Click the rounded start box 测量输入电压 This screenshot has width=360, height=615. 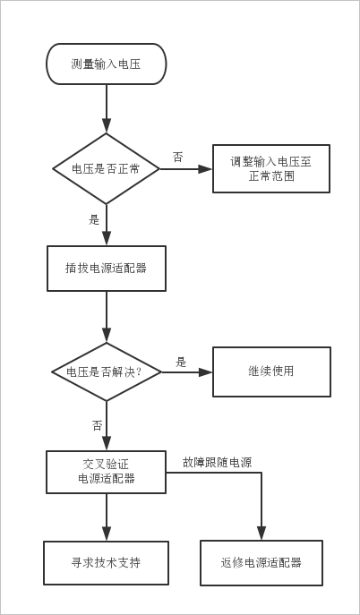click(x=107, y=64)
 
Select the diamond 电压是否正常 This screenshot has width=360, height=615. click(x=107, y=169)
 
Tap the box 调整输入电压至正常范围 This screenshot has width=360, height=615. click(x=271, y=168)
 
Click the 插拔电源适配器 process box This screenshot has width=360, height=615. click(x=107, y=269)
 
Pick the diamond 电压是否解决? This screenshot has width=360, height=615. click(x=107, y=372)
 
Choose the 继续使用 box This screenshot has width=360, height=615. click(x=271, y=372)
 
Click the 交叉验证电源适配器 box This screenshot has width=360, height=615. click(x=107, y=472)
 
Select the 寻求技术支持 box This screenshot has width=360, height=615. click(x=106, y=563)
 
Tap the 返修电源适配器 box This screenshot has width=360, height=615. click(x=261, y=563)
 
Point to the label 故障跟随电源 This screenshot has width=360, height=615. click(x=217, y=463)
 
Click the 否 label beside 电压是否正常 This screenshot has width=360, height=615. click(x=177, y=158)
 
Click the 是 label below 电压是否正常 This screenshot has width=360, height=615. click(x=94, y=220)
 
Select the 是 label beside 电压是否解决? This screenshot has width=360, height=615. click(x=180, y=363)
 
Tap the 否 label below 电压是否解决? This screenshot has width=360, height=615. click(x=97, y=425)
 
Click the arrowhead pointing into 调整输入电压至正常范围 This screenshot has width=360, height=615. click(x=205, y=169)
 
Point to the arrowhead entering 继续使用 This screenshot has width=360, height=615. click(x=205, y=372)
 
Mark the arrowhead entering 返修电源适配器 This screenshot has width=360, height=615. click(x=261, y=533)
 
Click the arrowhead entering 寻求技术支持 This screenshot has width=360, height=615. click(x=107, y=534)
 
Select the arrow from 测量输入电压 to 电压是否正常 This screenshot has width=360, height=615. click(x=107, y=108)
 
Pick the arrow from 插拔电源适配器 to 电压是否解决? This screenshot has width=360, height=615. click(x=107, y=317)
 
